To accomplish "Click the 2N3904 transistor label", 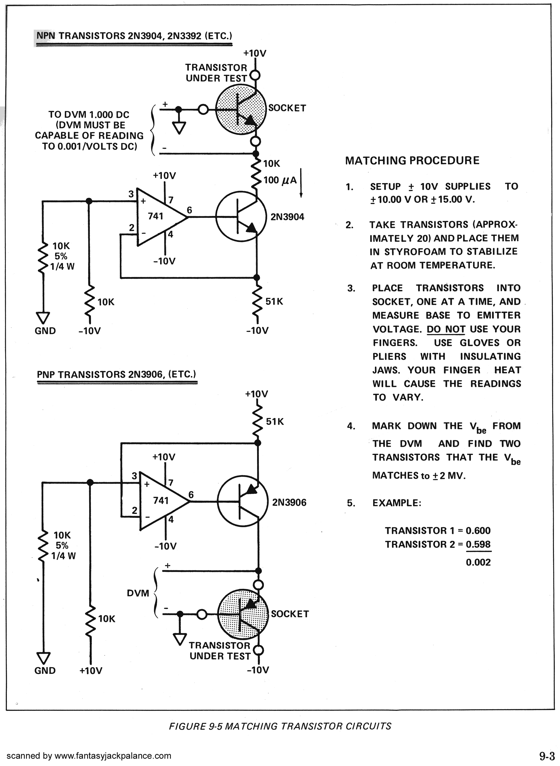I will pyautogui.click(x=287, y=217).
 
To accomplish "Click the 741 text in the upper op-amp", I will pyautogui.click(x=155, y=216).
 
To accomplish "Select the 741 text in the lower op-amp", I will pyautogui.click(x=160, y=500).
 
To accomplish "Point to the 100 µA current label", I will pyautogui.click(x=280, y=180).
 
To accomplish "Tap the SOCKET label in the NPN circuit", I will pyautogui.click(x=287, y=108).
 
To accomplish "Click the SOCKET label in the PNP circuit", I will pyautogui.click(x=290, y=614).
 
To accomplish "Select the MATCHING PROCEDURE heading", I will pyautogui.click(x=412, y=161).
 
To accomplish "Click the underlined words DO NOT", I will pyautogui.click(x=445, y=329).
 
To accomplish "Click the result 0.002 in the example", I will pyautogui.click(x=478, y=562).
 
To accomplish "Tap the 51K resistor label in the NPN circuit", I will pyautogui.click(x=274, y=301).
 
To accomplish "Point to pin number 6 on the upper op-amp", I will pyautogui.click(x=190, y=210).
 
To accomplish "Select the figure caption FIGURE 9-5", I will pyautogui.click(x=280, y=726).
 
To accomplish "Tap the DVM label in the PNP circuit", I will pyautogui.click(x=138, y=593).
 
